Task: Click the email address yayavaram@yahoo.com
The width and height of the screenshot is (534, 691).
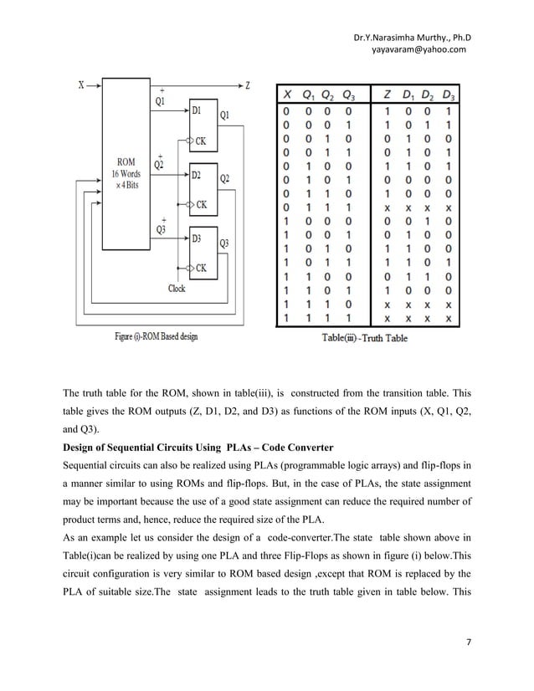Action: click(413, 49)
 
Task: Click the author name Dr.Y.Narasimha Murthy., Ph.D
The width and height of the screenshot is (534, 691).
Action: click(413, 37)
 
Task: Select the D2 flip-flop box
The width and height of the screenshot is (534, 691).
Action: click(202, 189)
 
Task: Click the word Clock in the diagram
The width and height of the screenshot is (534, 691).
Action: click(177, 289)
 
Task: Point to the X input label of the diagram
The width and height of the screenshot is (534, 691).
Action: click(81, 84)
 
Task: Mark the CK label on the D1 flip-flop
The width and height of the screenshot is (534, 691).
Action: click(202, 141)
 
